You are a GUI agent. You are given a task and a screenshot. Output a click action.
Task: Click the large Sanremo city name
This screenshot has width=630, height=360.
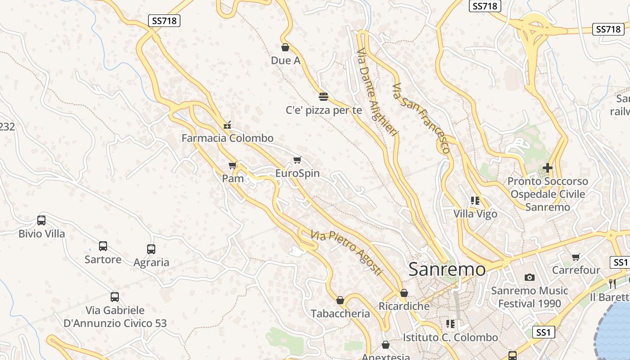(x=447, y=270)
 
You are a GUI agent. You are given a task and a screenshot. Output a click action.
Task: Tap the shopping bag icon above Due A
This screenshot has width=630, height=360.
(x=285, y=47)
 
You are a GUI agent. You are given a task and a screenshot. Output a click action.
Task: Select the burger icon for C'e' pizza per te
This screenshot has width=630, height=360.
(x=323, y=96)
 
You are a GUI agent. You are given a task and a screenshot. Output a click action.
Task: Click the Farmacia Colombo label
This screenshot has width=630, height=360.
(x=227, y=138)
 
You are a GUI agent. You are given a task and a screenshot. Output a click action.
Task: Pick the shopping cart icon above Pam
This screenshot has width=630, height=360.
(x=233, y=166)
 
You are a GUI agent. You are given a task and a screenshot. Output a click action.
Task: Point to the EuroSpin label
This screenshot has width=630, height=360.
(x=297, y=173)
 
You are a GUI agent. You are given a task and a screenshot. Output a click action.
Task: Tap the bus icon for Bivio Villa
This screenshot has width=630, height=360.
(x=41, y=220)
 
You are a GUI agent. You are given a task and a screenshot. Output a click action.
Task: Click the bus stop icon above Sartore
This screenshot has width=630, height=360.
(x=103, y=246)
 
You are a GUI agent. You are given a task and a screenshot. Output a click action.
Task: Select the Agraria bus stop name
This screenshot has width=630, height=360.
(x=151, y=262)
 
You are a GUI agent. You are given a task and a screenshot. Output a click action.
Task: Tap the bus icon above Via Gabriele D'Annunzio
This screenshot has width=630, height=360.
(x=115, y=297)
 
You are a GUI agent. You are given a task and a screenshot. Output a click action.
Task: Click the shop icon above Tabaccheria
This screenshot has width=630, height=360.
(x=340, y=300)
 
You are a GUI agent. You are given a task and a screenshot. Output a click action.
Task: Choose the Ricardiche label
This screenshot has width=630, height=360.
(x=404, y=306)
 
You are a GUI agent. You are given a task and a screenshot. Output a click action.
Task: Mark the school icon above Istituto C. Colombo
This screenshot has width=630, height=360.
(x=450, y=324)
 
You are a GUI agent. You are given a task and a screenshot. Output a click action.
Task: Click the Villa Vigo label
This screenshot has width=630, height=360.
(x=475, y=214)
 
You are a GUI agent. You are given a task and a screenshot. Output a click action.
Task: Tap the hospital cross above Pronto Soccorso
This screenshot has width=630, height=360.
(x=547, y=168)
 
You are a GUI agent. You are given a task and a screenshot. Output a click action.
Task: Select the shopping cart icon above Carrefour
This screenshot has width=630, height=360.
(x=576, y=257)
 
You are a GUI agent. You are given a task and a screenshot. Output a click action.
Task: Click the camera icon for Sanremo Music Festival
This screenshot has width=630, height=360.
(x=530, y=278)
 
